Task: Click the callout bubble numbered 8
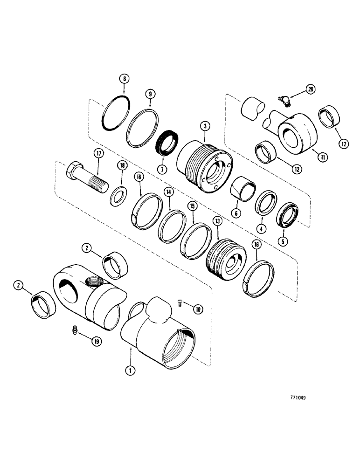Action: pyautogui.click(x=124, y=80)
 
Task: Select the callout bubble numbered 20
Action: pyautogui.click(x=311, y=88)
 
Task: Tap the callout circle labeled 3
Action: pyautogui.click(x=205, y=126)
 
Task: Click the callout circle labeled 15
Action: pyautogui.click(x=191, y=206)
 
